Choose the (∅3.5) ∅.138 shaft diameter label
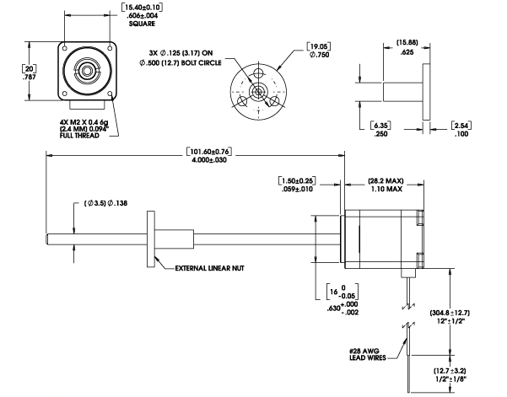point(105,206)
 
